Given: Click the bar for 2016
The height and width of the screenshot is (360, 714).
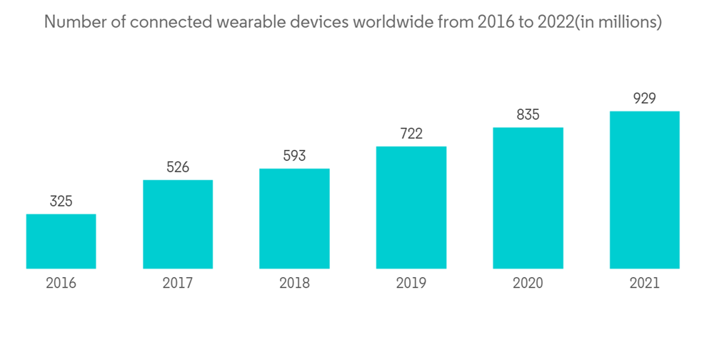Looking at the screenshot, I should [x=61, y=241].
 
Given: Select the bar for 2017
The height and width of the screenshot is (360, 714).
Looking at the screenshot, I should [x=178, y=224].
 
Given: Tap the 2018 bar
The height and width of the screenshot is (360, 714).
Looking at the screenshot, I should [x=294, y=219].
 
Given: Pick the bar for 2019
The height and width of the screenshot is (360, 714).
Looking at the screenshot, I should [x=411, y=207].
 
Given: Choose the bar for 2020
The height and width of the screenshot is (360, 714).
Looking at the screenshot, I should [x=528, y=198].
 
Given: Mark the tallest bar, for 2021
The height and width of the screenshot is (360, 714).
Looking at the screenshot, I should [x=644, y=190].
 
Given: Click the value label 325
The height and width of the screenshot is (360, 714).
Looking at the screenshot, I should [x=61, y=201].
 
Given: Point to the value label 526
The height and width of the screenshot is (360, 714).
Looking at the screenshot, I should [x=178, y=167].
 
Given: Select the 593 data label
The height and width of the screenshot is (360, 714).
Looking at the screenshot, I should [x=294, y=156].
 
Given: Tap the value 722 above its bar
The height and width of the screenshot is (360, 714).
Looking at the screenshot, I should [x=411, y=134].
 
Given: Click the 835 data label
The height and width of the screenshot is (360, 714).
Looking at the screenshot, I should [x=528, y=114].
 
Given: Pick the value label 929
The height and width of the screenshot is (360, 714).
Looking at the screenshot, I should [x=644, y=99].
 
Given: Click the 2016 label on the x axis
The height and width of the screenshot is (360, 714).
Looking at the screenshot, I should [x=61, y=283].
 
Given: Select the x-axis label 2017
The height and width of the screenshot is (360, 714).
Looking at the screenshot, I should [x=178, y=283].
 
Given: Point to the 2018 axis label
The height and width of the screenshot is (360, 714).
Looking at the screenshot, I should [x=294, y=283].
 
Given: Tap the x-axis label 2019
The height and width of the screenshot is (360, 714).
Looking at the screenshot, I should [x=411, y=283].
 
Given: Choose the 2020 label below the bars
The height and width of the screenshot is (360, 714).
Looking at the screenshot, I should [x=528, y=283].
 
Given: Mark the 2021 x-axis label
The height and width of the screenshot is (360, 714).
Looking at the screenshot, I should [x=644, y=283].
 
